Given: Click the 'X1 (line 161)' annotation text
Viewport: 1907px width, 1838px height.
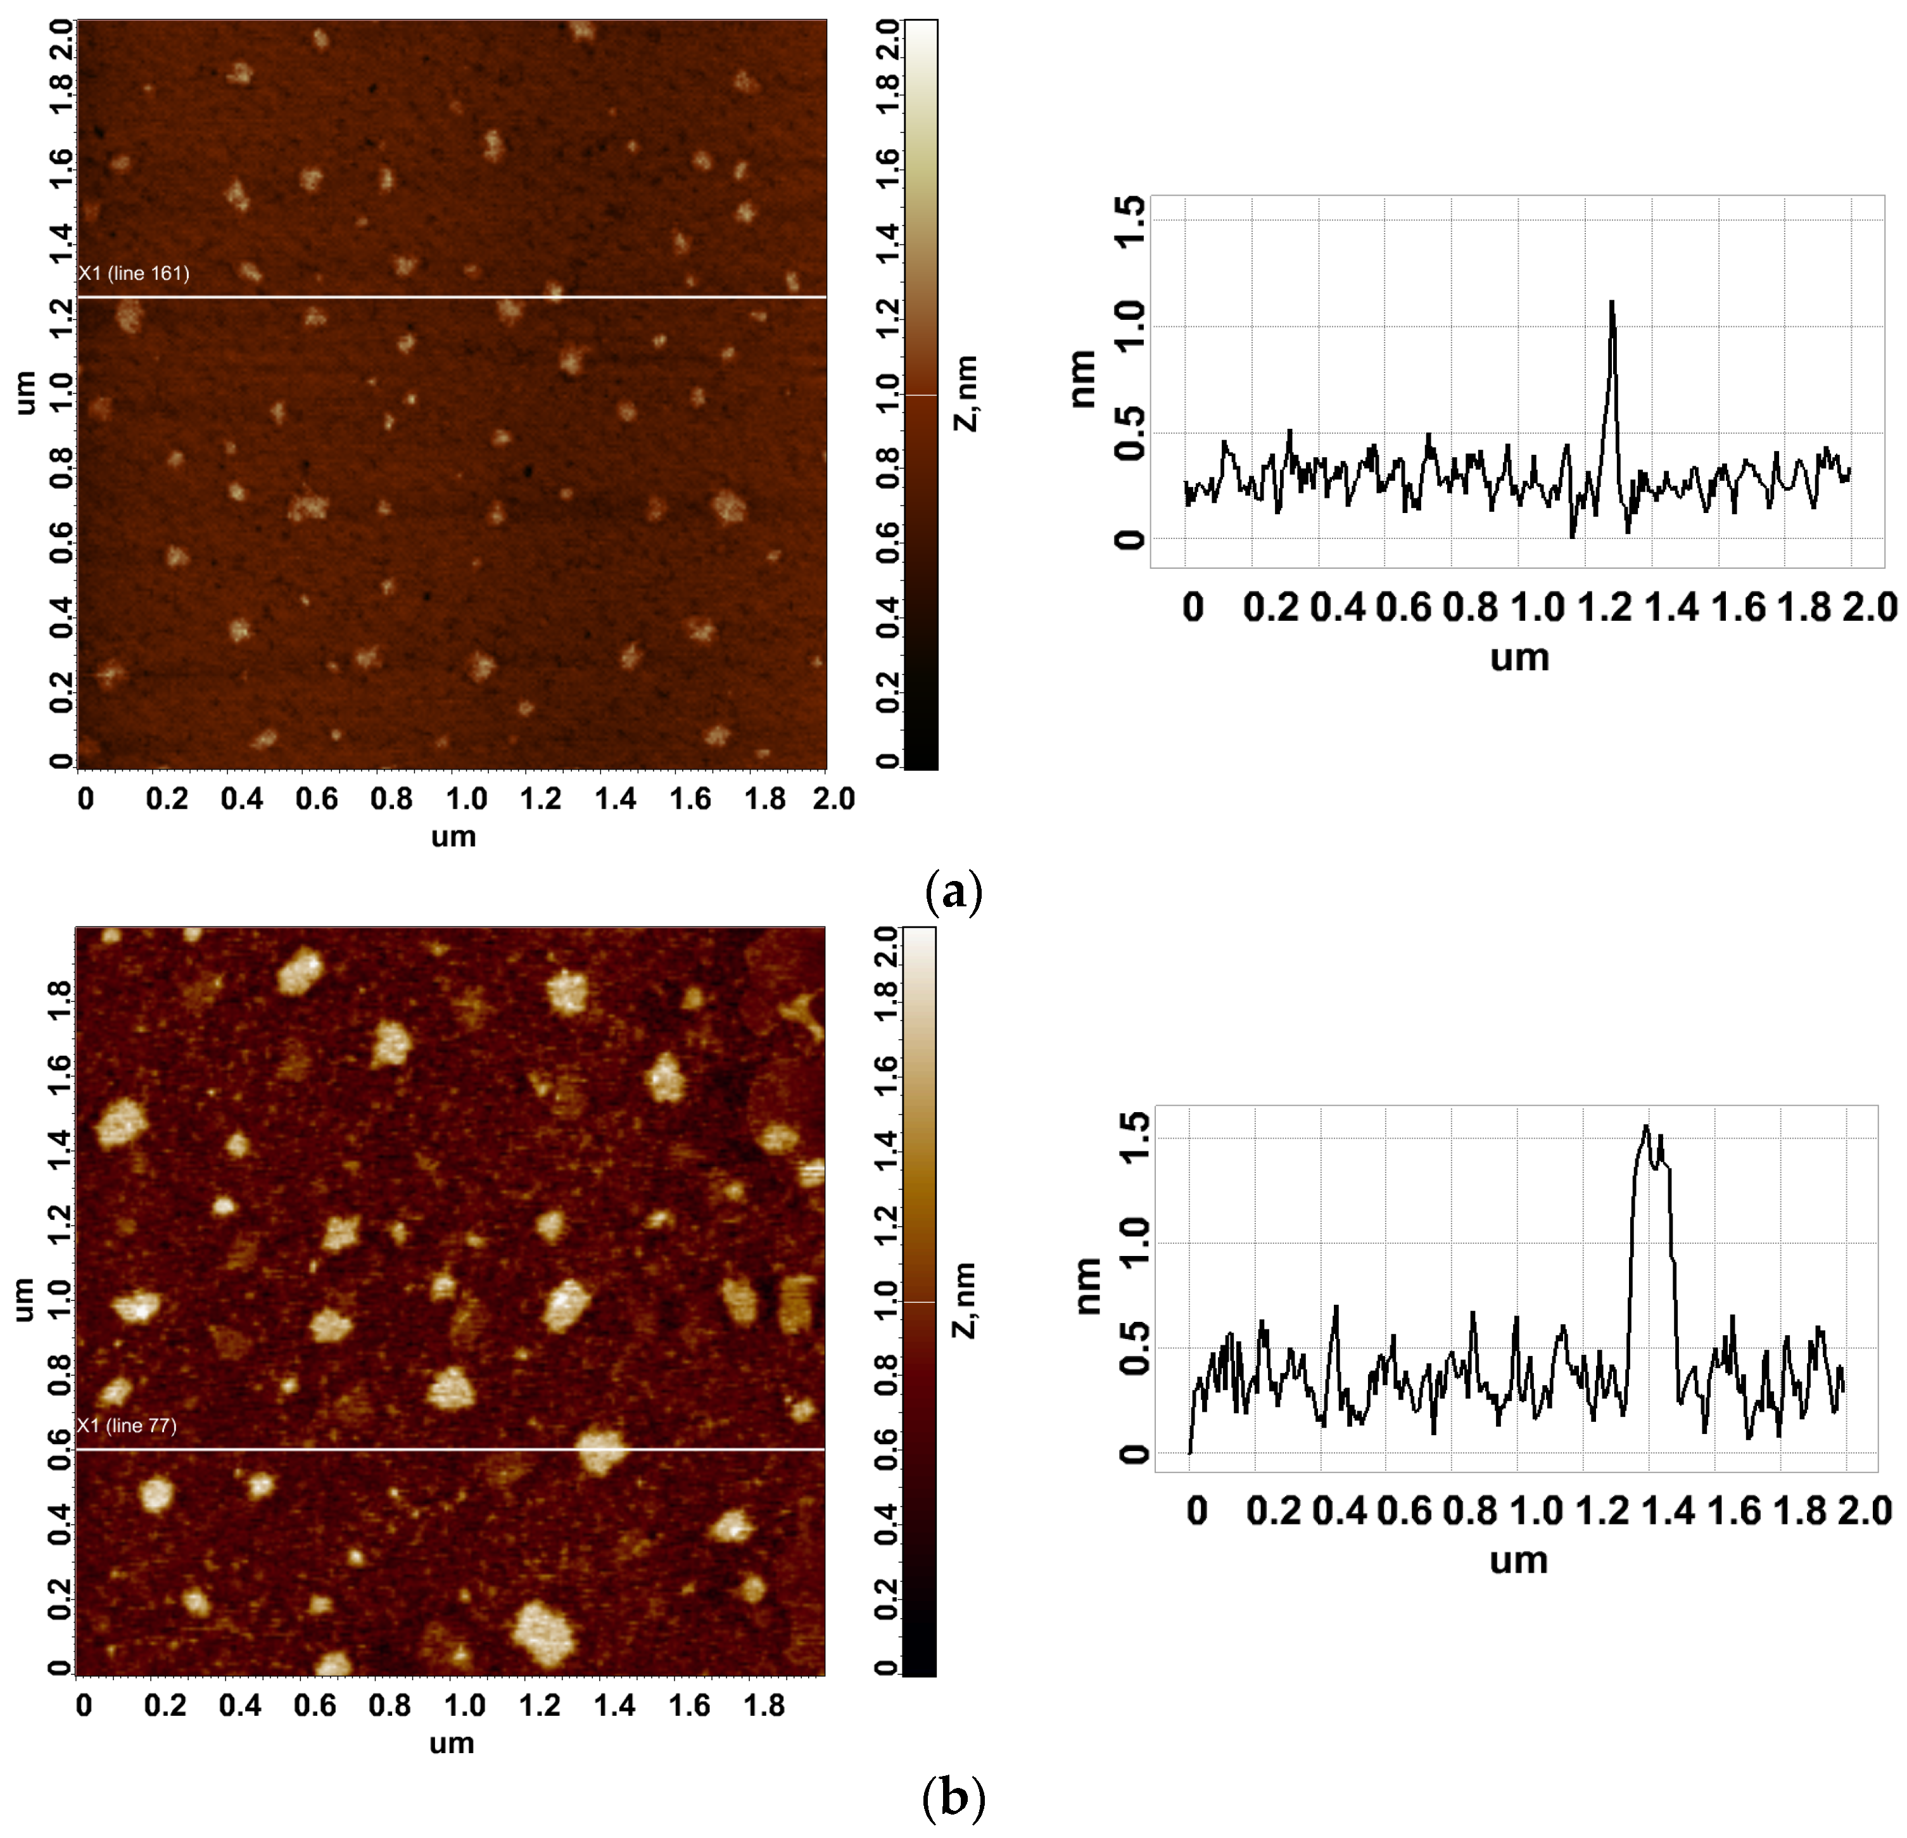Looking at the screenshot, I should point(134,274).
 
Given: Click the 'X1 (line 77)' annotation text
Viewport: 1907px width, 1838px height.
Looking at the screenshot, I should point(127,1426).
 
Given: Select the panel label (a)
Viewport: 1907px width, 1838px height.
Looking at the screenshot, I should point(954,891).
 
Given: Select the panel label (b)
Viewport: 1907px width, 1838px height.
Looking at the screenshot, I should point(954,1798).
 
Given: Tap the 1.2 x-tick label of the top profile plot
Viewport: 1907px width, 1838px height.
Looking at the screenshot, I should point(1604,608).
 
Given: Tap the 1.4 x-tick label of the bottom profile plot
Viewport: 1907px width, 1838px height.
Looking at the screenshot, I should point(1668,1511).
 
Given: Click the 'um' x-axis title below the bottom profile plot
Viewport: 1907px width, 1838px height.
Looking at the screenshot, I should point(1518,1560).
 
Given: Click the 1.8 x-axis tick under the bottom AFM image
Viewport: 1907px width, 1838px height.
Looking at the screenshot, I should point(764,1705).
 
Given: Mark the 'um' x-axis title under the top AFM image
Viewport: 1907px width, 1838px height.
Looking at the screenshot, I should point(453,837).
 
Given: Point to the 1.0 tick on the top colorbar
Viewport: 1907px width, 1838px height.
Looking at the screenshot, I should point(887,394).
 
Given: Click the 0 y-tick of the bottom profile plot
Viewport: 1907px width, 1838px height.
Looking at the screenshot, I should point(1134,1455).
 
